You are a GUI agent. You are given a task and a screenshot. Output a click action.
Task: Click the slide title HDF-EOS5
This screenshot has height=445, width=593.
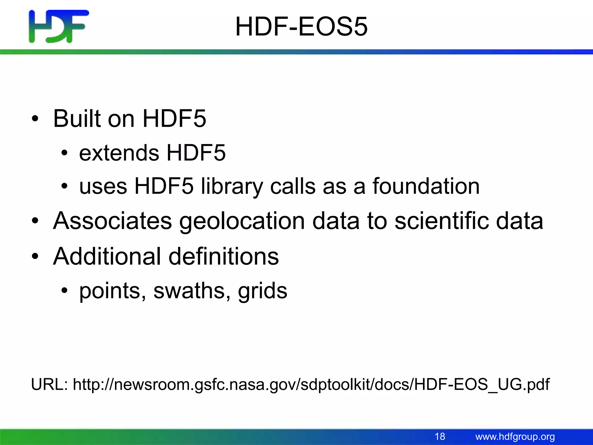pyautogui.click(x=301, y=27)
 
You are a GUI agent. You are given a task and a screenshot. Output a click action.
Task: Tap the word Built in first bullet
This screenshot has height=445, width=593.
pyautogui.click(x=77, y=118)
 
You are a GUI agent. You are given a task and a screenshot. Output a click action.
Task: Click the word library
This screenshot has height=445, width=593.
pyautogui.click(x=232, y=186)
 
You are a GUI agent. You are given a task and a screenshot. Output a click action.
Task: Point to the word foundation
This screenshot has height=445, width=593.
pyautogui.click(x=426, y=186)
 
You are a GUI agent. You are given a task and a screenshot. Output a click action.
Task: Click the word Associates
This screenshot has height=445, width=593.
pyautogui.click(x=112, y=221)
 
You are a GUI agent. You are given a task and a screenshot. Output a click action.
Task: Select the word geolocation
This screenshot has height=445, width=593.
pyautogui.click(x=242, y=221)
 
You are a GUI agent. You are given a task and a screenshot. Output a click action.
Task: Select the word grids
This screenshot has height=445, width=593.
pyautogui.click(x=262, y=291)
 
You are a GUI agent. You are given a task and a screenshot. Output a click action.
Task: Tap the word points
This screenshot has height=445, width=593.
pyautogui.click(x=113, y=291)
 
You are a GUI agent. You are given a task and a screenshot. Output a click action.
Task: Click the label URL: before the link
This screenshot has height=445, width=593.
pyautogui.click(x=49, y=384)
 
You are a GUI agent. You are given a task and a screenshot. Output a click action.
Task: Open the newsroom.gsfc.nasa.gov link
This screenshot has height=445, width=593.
pyautogui.click(x=311, y=385)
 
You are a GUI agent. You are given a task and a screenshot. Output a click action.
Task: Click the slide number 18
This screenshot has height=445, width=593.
pyautogui.click(x=440, y=436)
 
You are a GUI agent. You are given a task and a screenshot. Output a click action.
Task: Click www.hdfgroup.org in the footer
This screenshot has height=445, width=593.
pyautogui.click(x=515, y=436)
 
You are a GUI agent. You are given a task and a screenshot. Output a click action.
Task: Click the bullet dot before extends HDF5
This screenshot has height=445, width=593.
pyautogui.click(x=64, y=153)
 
